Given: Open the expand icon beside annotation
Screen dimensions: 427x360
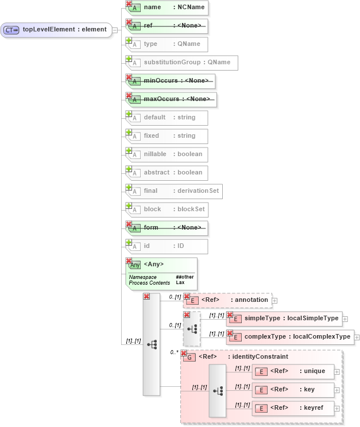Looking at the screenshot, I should coord(274,300).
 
